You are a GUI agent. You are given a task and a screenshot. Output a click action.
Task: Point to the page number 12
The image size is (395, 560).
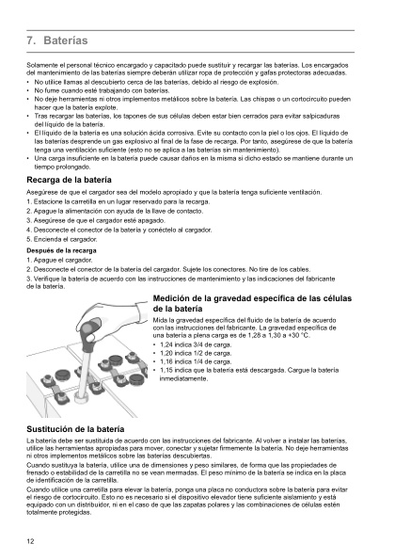(32, 541)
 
